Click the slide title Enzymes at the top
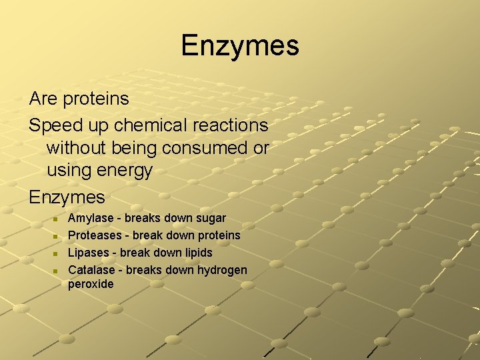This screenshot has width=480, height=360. tap(240, 46)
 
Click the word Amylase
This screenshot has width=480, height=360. tap(91, 219)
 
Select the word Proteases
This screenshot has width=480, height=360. tap(95, 235)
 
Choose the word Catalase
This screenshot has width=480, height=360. tap(93, 270)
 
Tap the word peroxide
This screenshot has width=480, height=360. tap(91, 285)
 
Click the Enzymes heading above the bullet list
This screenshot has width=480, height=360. tap(67, 197)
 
